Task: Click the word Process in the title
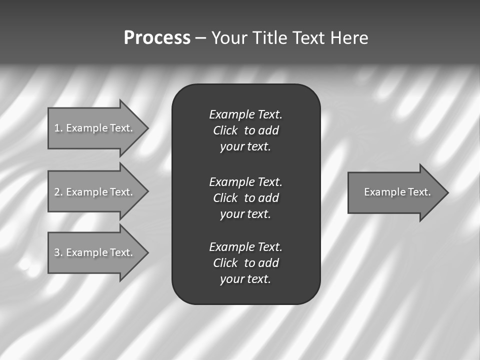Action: point(157,38)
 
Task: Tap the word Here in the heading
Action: point(349,38)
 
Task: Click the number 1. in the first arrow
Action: point(58,128)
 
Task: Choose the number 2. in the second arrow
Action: point(58,192)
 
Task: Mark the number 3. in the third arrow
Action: point(58,252)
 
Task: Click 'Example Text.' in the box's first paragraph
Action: point(245,114)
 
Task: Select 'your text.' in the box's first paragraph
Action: point(245,146)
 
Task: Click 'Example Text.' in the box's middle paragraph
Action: point(245,181)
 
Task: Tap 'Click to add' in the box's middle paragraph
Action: point(245,198)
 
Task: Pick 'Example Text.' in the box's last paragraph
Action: point(245,247)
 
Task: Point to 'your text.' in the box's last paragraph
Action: point(245,279)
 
